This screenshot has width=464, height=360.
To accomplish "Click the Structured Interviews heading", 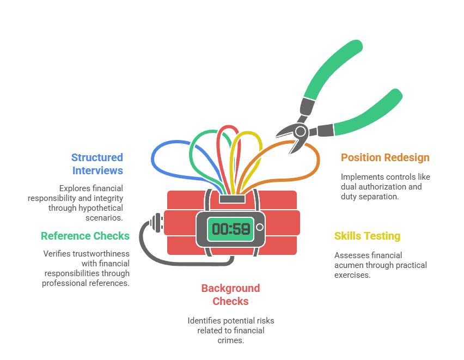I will click(97, 164).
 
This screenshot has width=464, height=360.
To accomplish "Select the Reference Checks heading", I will click(85, 236).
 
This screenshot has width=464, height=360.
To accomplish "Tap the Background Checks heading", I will click(230, 295).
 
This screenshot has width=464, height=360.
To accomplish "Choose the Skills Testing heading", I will click(367, 236).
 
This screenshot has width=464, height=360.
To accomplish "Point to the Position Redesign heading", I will click(385, 157).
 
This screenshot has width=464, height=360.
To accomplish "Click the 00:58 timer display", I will click(231, 229).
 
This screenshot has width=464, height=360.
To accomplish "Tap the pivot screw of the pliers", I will click(300, 131).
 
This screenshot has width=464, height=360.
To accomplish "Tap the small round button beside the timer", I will click(260, 227).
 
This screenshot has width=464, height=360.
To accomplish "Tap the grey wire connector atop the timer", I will click(231, 198).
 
